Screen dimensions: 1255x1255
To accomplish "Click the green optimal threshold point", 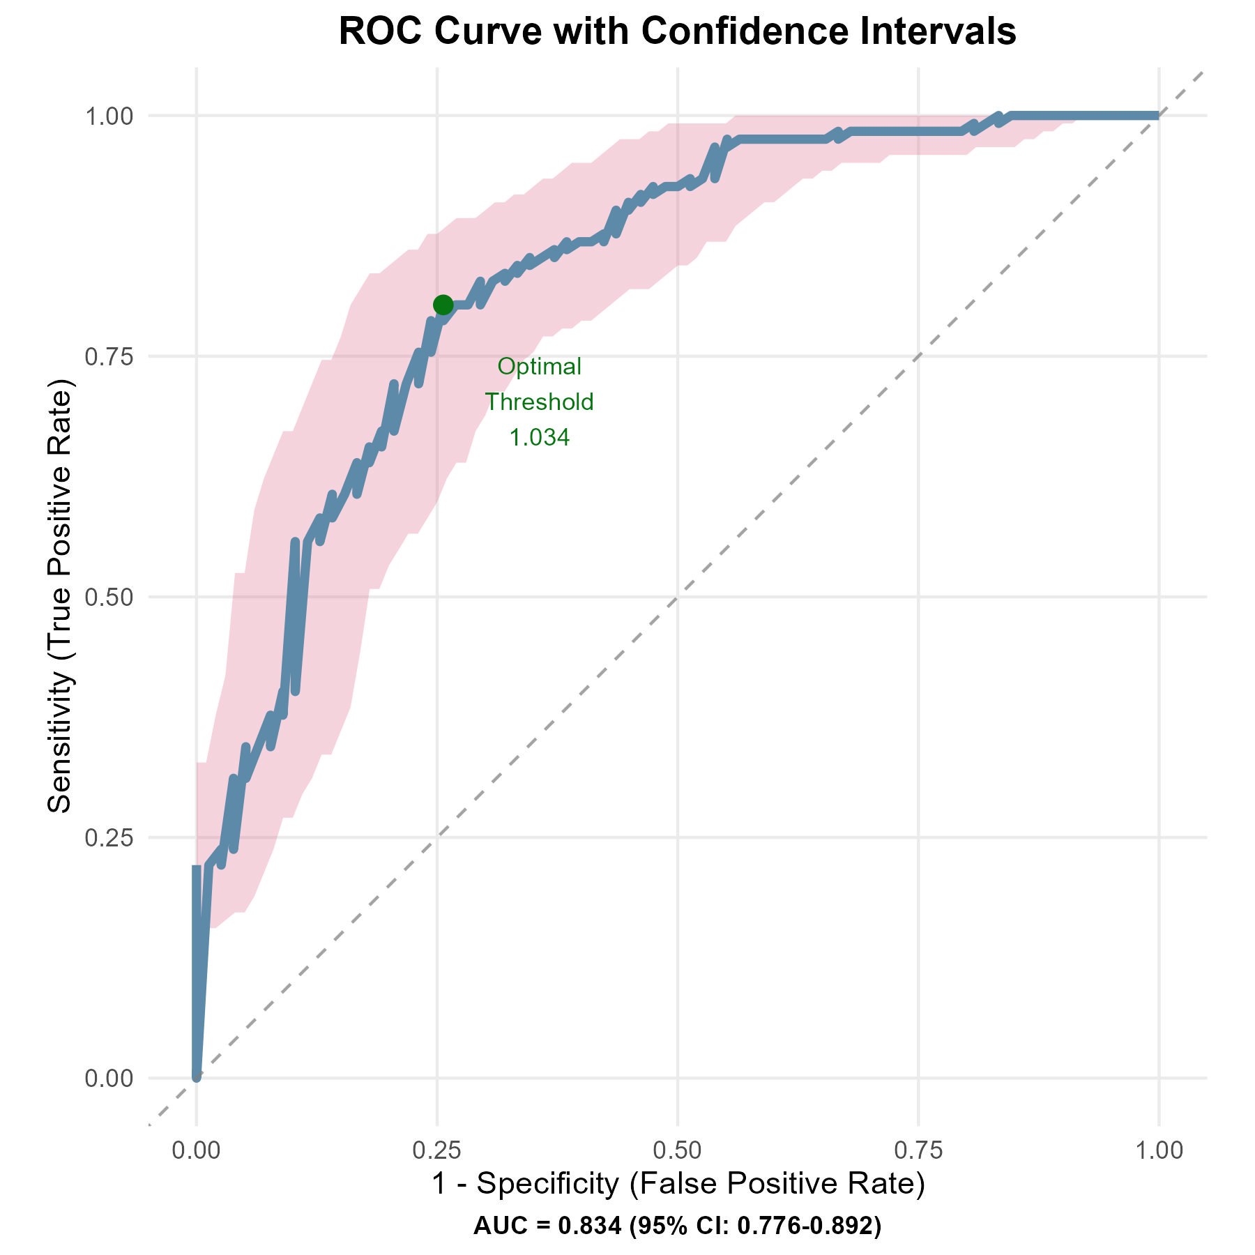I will (x=443, y=305).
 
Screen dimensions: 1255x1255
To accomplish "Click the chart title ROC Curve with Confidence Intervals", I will (x=677, y=32).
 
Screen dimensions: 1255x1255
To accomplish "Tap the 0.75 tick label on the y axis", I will (x=108, y=356).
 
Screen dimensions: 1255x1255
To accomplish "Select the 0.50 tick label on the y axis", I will (x=108, y=597).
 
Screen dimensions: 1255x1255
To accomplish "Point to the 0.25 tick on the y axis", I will (x=108, y=837).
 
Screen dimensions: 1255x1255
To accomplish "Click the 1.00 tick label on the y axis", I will (x=108, y=116).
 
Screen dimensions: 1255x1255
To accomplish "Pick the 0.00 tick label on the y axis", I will (x=108, y=1078).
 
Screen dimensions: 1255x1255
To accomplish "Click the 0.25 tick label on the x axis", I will (x=437, y=1151).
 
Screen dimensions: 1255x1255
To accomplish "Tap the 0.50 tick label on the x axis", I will (x=678, y=1151).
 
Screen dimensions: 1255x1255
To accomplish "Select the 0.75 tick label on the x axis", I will (x=918, y=1151).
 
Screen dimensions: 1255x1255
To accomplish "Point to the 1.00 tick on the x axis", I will (x=1159, y=1151).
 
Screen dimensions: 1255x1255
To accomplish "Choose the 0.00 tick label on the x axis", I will (x=197, y=1151).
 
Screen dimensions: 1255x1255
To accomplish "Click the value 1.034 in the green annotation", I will (x=539, y=438).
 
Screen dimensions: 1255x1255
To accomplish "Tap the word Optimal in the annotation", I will (x=539, y=366).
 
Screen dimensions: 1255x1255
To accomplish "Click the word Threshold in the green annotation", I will (x=539, y=402).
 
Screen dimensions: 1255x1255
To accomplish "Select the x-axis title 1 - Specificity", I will (x=678, y=1185).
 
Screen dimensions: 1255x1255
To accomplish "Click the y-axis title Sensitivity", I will (x=61, y=596).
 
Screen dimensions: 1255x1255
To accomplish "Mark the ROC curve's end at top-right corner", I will (x=1157, y=116).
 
